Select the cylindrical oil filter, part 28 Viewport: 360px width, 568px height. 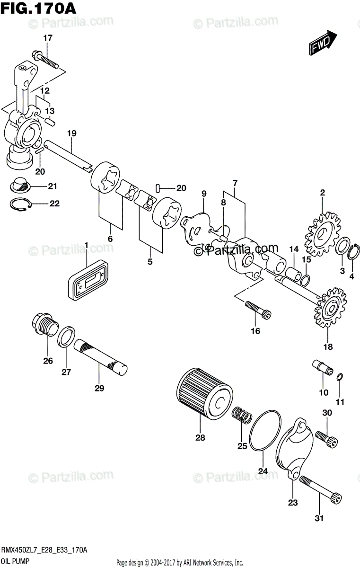click(x=205, y=392)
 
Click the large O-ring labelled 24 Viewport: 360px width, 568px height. click(x=265, y=430)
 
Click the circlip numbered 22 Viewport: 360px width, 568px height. click(x=21, y=204)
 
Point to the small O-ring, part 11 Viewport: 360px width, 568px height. click(x=339, y=377)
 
